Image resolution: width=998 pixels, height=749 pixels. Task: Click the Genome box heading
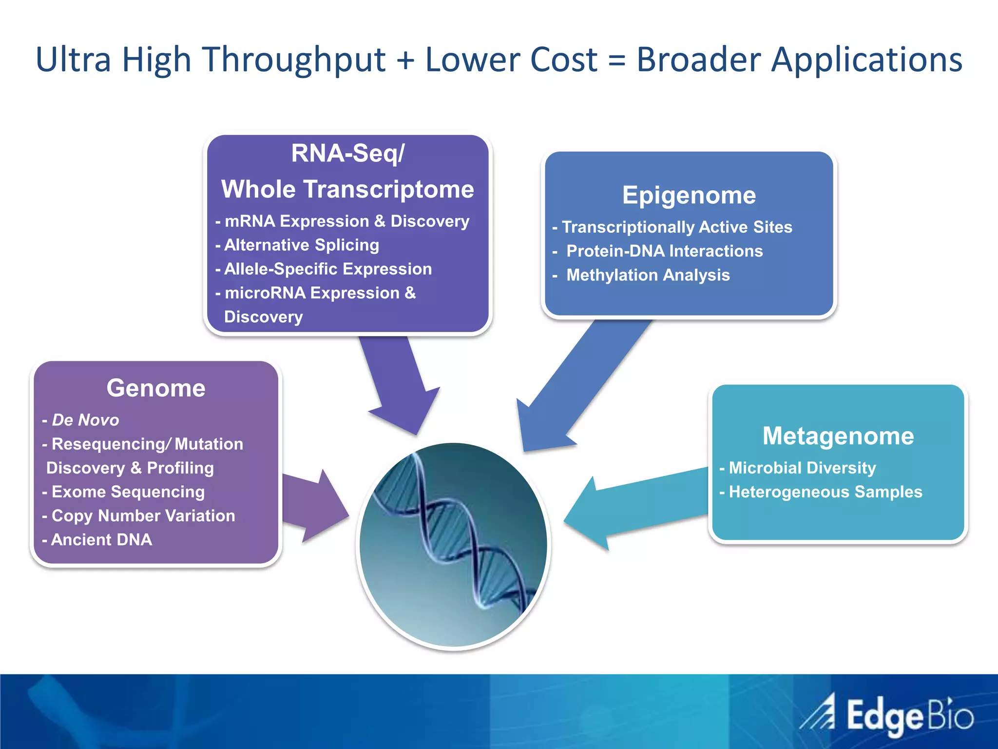click(156, 388)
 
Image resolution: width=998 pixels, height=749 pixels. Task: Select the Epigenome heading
click(689, 196)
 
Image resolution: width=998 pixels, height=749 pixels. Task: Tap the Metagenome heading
click(838, 436)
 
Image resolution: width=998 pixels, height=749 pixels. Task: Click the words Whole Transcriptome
click(347, 189)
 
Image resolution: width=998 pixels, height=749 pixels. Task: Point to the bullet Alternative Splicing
click(301, 245)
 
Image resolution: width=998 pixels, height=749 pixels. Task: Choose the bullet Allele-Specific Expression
click(327, 269)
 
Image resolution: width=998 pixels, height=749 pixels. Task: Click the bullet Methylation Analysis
click(648, 275)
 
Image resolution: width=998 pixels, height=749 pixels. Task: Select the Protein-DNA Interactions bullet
click(664, 251)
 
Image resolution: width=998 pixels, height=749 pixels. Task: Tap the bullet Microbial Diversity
click(802, 468)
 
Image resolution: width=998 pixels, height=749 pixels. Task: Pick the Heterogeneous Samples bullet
click(825, 492)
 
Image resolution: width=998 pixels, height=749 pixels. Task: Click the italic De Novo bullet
click(85, 420)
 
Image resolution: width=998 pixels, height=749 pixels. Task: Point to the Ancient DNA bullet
click(101, 540)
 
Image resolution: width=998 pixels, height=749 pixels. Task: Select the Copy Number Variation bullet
click(143, 516)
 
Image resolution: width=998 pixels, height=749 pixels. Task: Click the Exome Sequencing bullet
click(128, 492)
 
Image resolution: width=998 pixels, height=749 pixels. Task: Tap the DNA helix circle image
click(453, 545)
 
